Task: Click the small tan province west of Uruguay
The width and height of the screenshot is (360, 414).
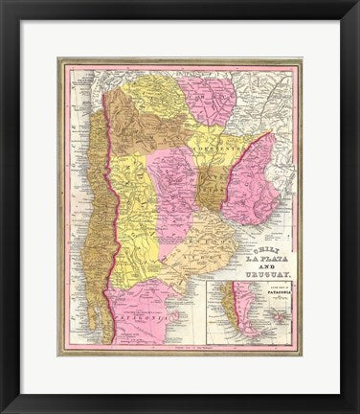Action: click(212, 187)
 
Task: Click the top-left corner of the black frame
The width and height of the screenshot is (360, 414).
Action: click(3, 3)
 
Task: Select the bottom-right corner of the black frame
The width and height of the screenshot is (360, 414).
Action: click(356, 410)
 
